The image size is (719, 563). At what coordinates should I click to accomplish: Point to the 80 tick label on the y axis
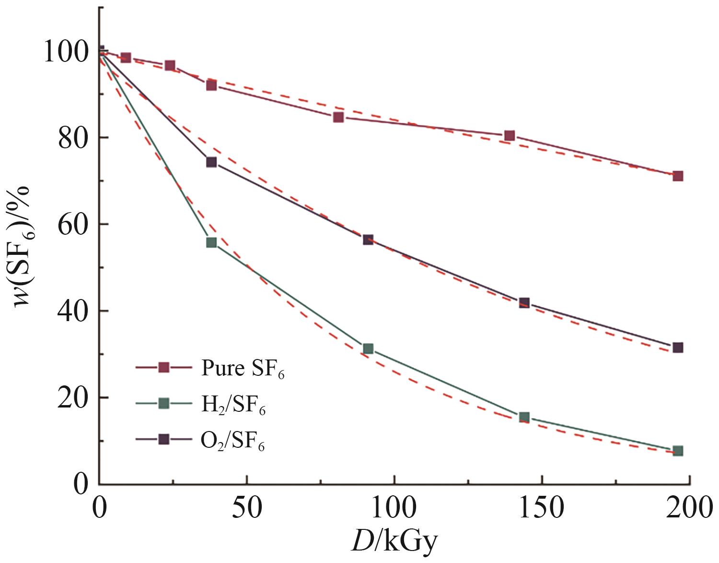(x=71, y=138)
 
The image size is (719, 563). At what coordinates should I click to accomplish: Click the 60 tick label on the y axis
(x=71, y=224)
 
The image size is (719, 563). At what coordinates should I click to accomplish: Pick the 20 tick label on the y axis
(x=71, y=398)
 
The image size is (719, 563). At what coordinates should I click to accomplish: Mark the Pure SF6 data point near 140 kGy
(x=510, y=136)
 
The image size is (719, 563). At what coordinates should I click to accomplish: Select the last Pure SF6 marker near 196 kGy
(x=677, y=176)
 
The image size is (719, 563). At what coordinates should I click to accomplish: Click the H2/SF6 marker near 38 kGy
(x=211, y=242)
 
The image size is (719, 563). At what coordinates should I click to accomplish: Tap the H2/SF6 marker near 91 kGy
(x=368, y=348)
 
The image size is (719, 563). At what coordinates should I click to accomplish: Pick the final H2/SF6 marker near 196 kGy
(x=677, y=451)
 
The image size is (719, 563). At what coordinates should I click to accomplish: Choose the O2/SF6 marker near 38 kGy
(x=211, y=162)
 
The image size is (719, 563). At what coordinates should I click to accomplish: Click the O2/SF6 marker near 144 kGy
(x=524, y=303)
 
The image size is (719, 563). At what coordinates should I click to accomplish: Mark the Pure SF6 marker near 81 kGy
(x=338, y=117)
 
